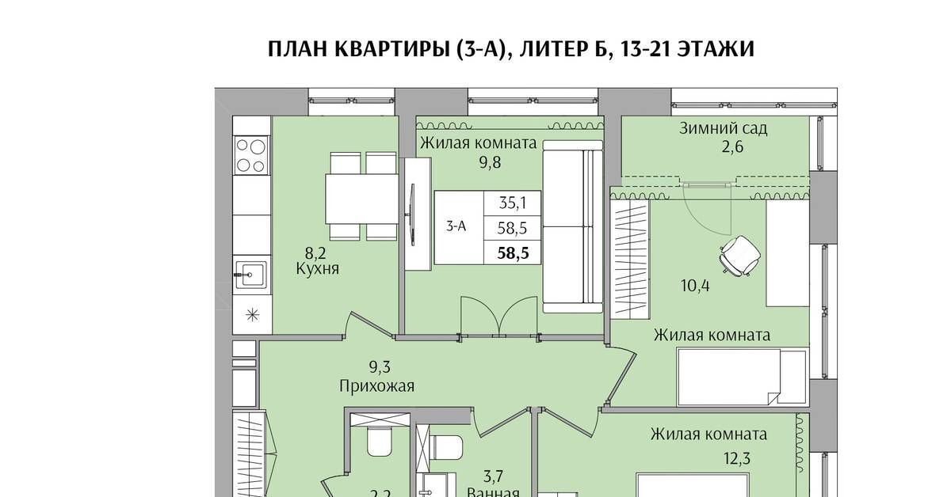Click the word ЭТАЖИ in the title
(715, 49)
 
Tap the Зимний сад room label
(723, 128)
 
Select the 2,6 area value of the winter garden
(732, 147)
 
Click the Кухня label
(317, 269)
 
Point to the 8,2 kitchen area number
(315, 253)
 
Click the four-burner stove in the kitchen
(251, 155)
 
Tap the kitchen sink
(250, 275)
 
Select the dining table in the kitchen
(361, 199)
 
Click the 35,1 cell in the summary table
(513, 203)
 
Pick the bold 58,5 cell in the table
(513, 253)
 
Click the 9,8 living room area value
(490, 162)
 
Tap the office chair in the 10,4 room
(740, 256)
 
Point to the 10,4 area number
(695, 286)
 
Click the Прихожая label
(376, 386)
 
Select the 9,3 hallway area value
(379, 367)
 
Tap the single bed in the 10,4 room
(742, 377)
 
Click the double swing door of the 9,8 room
(499, 317)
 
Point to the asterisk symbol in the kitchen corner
(253, 315)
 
